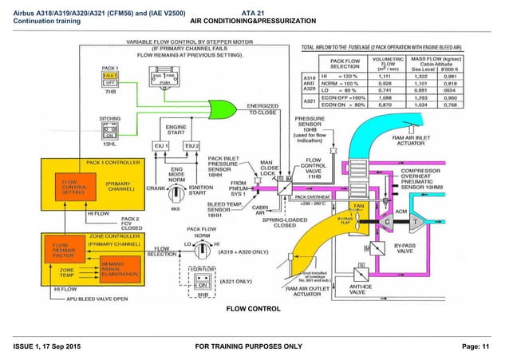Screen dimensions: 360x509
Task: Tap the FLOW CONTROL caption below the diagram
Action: tap(254, 308)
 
